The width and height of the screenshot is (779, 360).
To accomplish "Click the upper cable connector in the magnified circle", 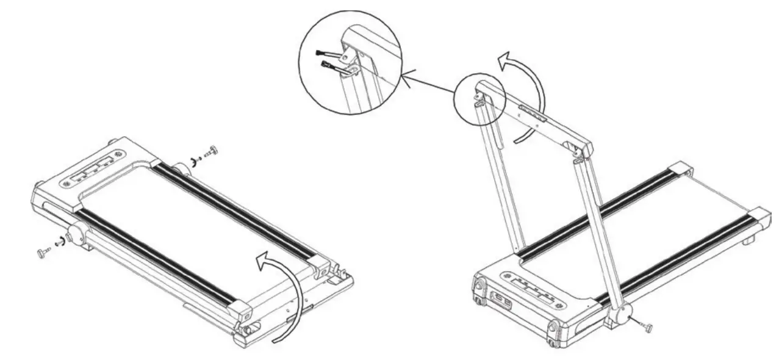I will click(x=326, y=55).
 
